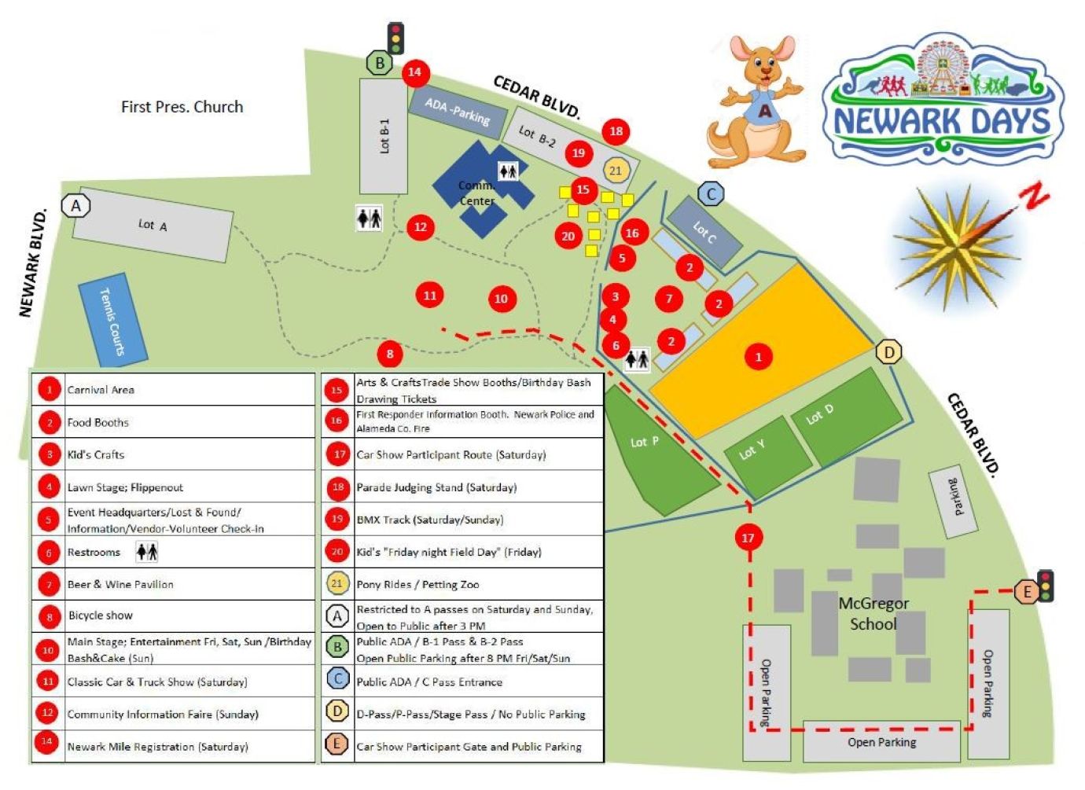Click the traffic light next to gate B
tap(396, 38)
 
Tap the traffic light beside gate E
tap(1045, 586)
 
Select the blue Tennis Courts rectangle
tap(112, 321)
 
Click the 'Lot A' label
tap(153, 225)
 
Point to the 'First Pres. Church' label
tap(182, 107)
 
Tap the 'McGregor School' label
tap(873, 614)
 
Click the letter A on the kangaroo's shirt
tap(764, 112)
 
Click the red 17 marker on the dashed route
tap(748, 538)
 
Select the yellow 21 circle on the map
tap(615, 171)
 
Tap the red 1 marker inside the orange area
tap(758, 357)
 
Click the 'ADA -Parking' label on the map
tap(457, 112)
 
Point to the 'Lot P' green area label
tap(645, 442)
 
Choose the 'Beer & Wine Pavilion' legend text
tap(120, 584)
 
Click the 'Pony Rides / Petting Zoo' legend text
tap(417, 584)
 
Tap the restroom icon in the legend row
tap(147, 552)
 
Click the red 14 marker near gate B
tap(414, 72)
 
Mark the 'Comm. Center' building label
tap(476, 193)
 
